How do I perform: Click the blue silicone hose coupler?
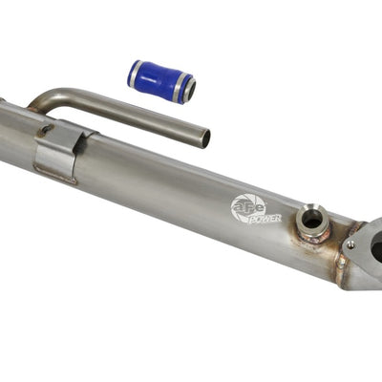(161, 81)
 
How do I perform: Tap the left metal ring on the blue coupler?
(136, 73)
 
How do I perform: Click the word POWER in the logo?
(264, 217)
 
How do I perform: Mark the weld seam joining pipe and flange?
(341, 263)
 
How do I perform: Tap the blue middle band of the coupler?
(161, 81)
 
